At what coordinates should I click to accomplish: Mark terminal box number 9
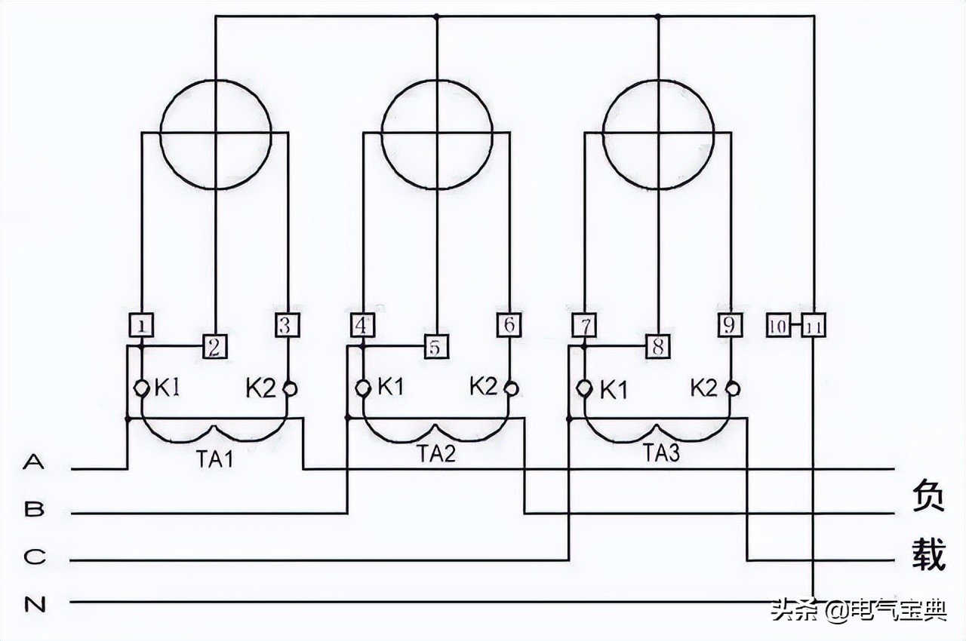tap(730, 325)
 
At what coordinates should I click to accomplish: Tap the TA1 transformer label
tap(215, 457)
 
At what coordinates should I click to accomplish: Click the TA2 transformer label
tap(436, 454)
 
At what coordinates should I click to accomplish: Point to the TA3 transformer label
tap(661, 454)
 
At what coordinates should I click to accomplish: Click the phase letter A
tap(34, 462)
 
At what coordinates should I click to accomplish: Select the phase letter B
tap(34, 510)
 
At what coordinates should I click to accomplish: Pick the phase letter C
tap(34, 557)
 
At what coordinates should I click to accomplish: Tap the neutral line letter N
tap(34, 605)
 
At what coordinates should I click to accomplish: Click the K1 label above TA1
tap(168, 388)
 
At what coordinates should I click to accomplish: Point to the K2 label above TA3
tap(704, 388)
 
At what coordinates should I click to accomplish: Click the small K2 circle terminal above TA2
tap(512, 388)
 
